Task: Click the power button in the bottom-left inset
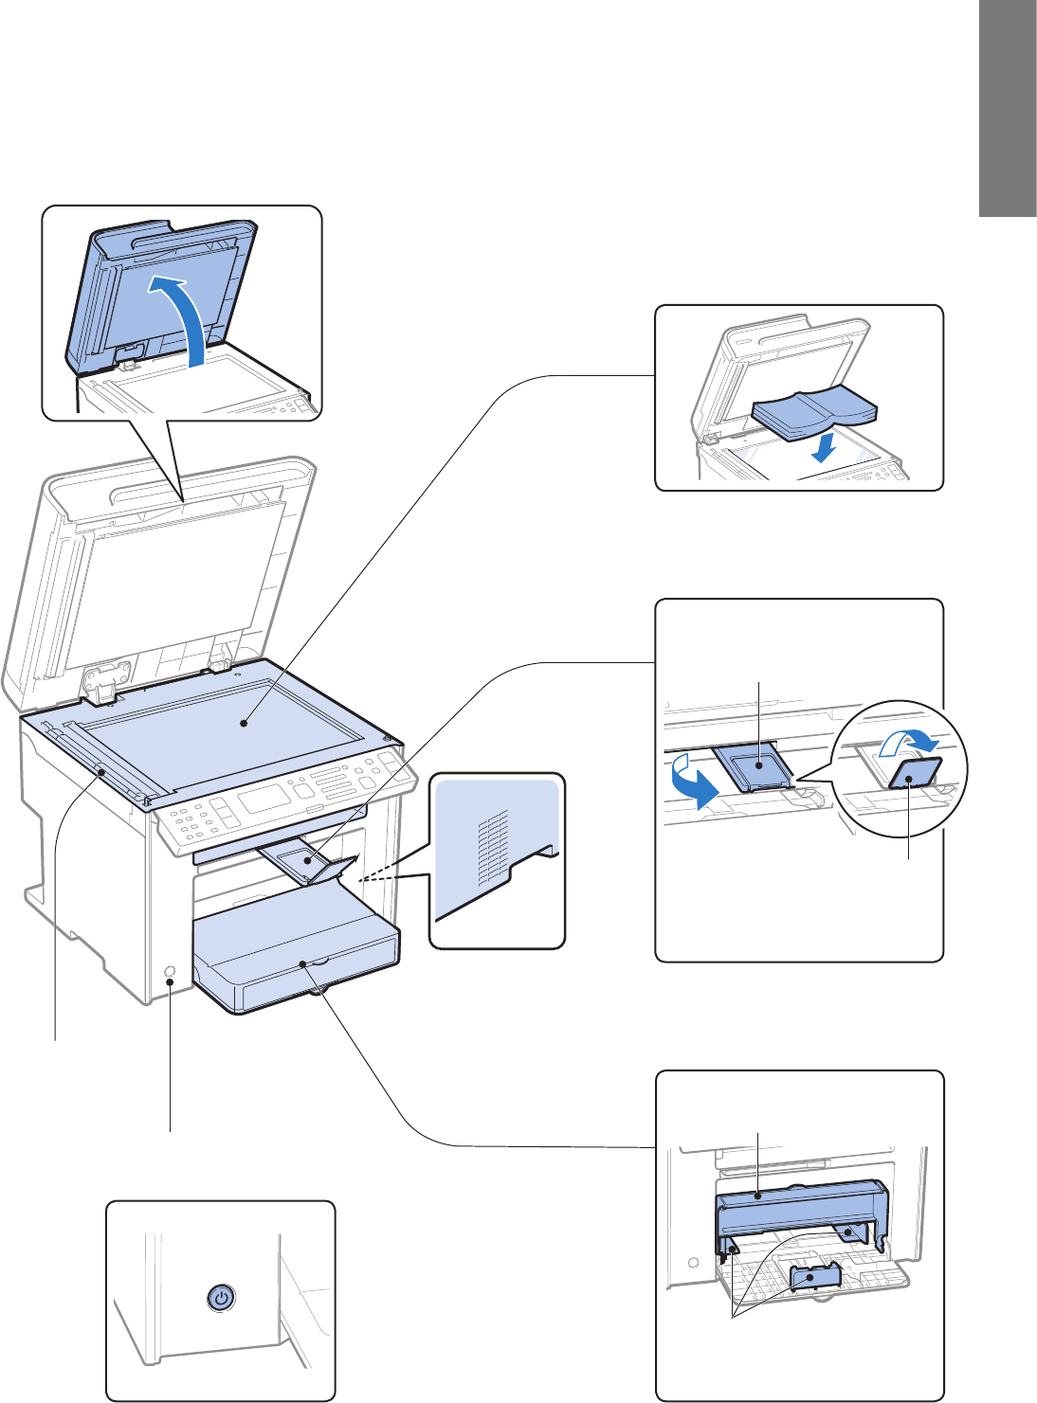[220, 1298]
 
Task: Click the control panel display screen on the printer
[264, 797]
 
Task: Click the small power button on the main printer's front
[170, 972]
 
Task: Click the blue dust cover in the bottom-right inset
[801, 1208]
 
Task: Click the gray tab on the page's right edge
[1008, 109]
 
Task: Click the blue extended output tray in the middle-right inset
[759, 764]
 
